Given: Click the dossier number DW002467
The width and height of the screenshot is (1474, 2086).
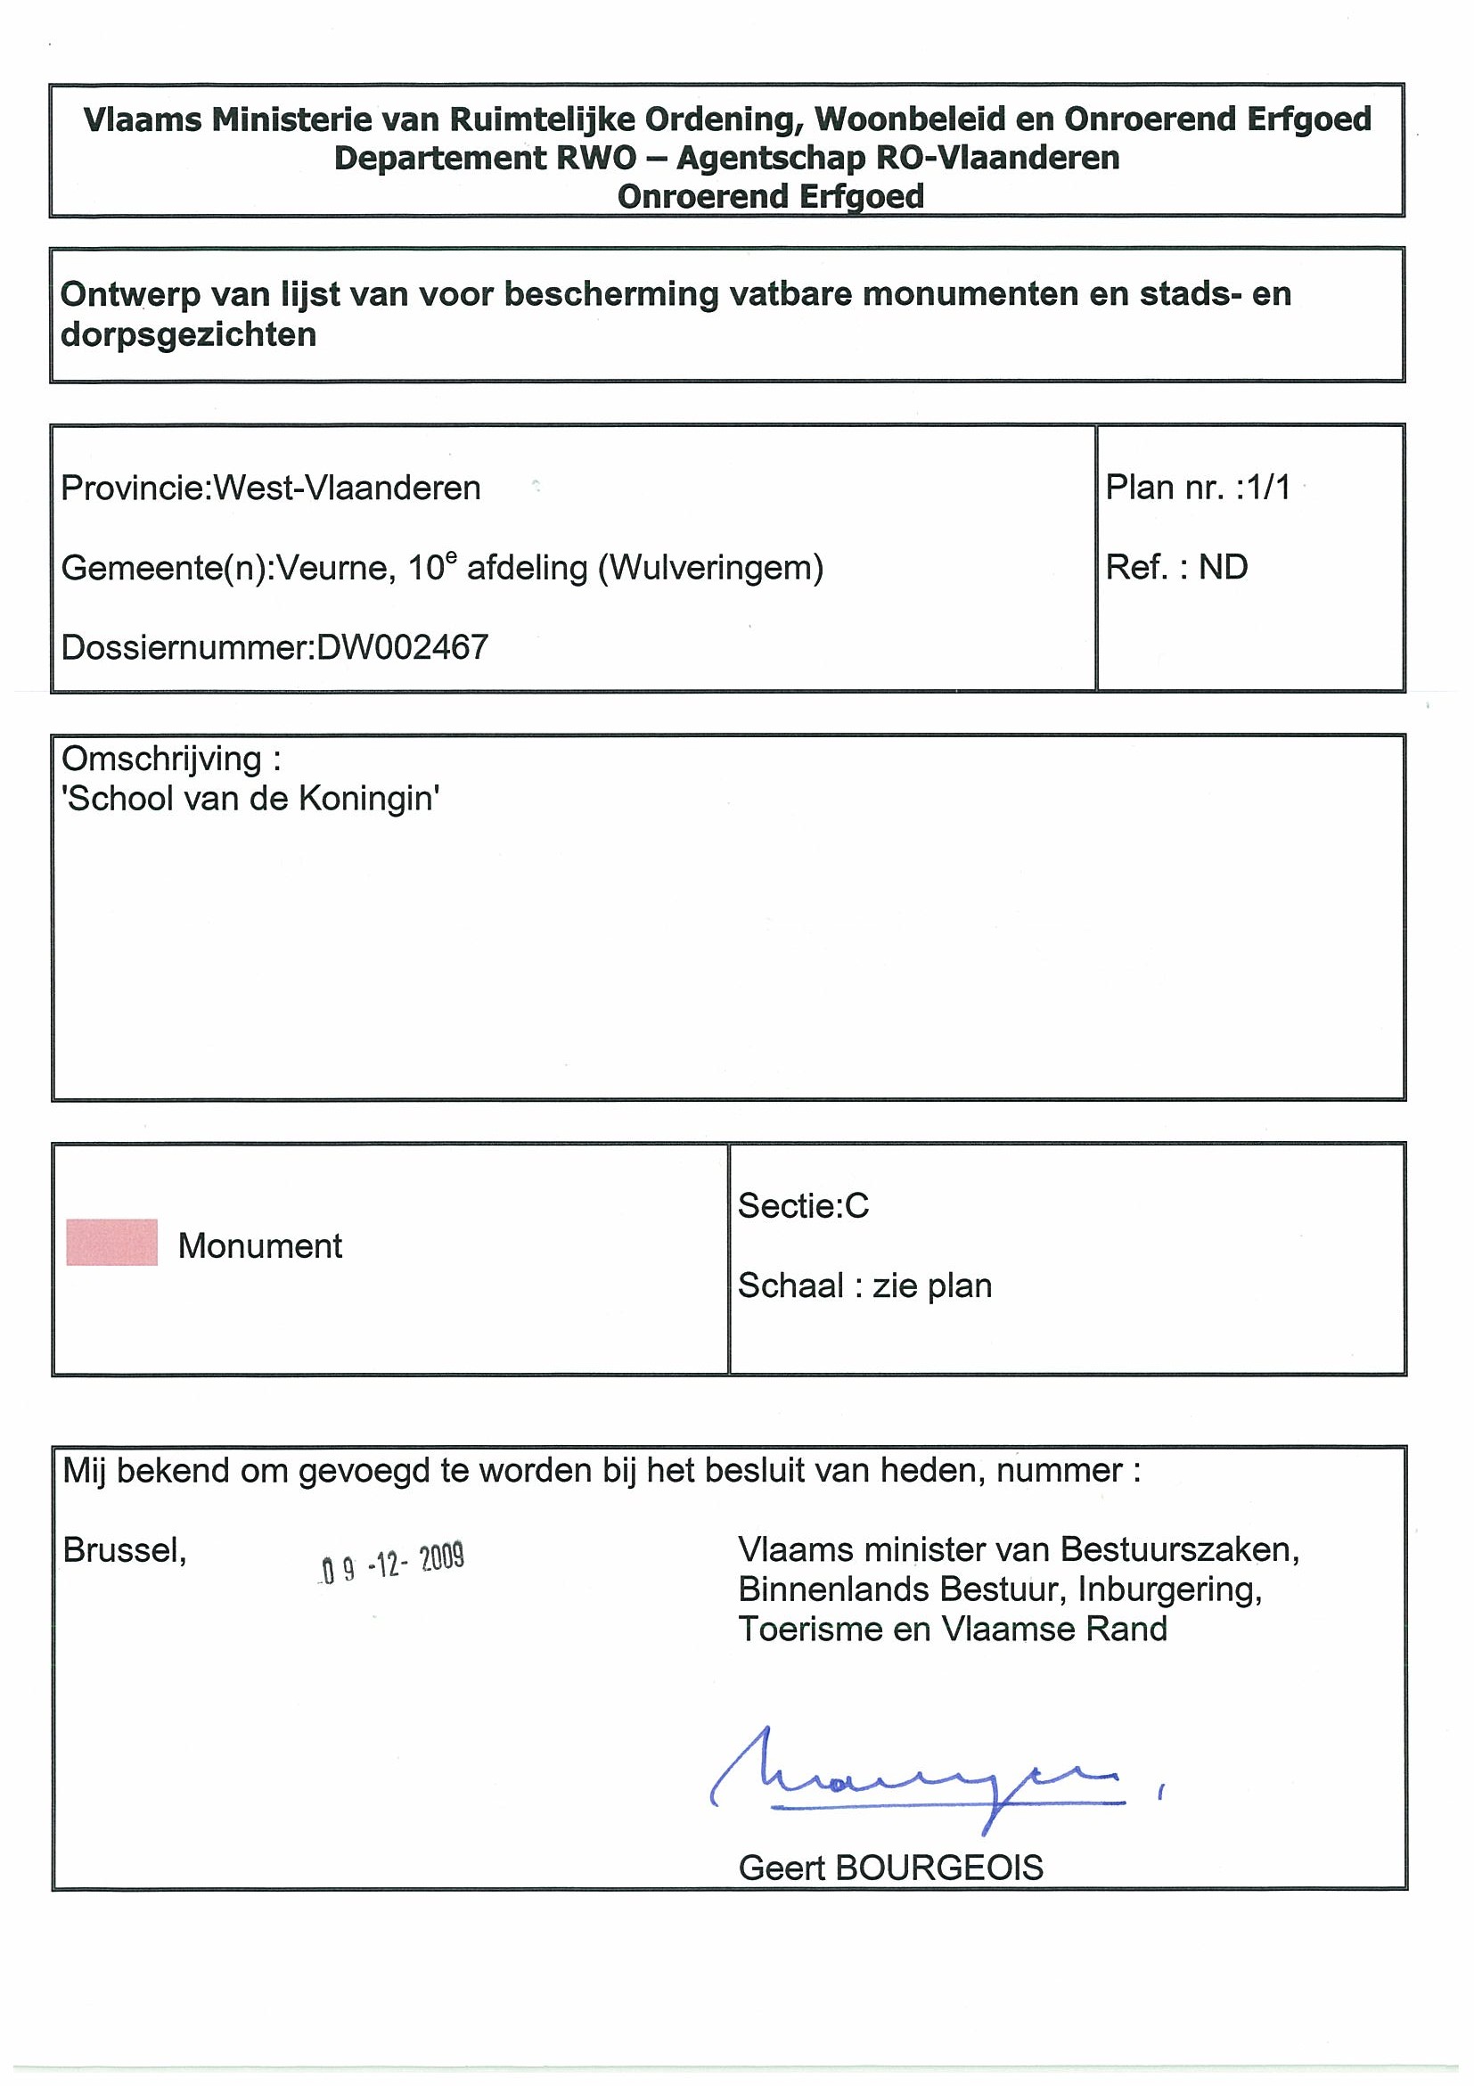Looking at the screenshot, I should [x=402, y=648].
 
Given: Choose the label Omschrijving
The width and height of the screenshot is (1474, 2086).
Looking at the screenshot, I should [x=160, y=759].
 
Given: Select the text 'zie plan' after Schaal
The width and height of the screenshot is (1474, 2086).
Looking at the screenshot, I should [x=932, y=1285].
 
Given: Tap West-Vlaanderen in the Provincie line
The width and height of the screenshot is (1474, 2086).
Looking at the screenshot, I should [x=347, y=489].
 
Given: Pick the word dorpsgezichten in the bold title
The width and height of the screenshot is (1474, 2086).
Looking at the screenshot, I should [x=188, y=335].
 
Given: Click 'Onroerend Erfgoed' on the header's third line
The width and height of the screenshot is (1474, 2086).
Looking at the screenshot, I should [x=770, y=196].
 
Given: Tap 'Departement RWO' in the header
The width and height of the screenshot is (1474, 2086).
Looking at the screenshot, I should [x=485, y=158].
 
